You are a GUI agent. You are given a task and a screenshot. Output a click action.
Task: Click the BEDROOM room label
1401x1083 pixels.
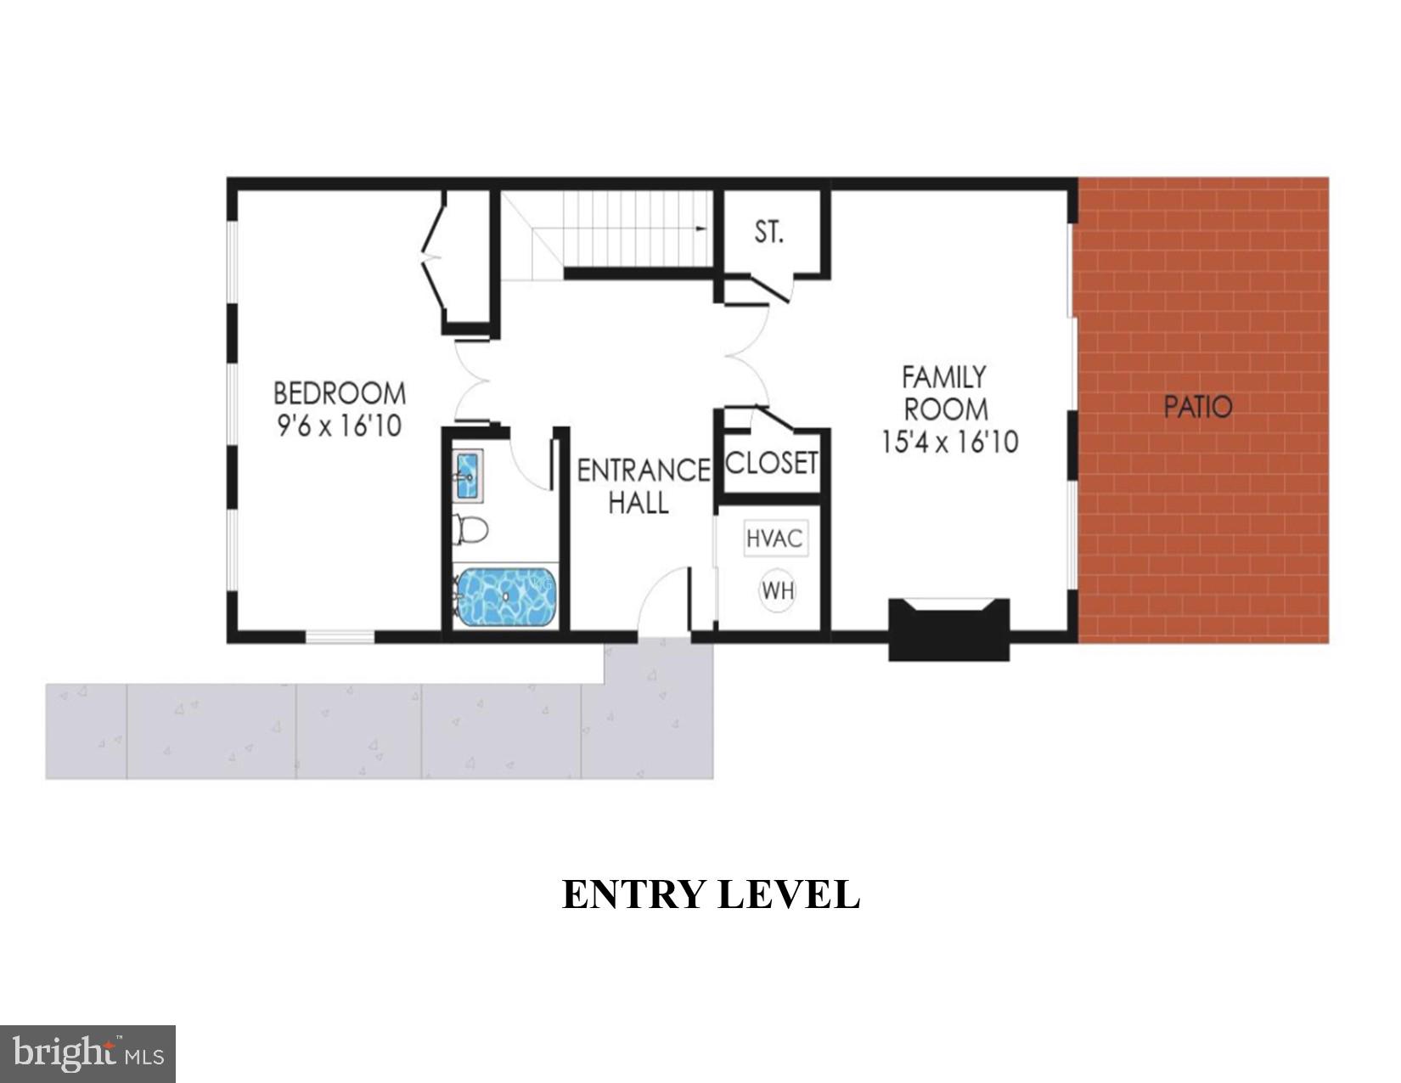point(339,393)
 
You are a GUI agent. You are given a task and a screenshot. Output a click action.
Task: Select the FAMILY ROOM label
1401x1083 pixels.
point(945,392)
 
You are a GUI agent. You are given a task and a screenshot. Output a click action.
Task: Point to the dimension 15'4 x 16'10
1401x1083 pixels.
point(949,443)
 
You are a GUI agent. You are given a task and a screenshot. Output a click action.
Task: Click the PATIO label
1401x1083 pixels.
point(1197,407)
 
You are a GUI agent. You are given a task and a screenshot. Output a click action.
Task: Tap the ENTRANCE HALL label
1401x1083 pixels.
point(643,486)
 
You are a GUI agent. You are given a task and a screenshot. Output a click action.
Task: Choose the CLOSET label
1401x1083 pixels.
point(771,463)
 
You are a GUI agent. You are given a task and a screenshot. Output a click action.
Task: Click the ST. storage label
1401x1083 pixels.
point(769,231)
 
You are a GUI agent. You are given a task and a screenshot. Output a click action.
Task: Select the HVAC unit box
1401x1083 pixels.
point(774,539)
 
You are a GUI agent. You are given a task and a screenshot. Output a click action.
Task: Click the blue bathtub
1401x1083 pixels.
point(506,596)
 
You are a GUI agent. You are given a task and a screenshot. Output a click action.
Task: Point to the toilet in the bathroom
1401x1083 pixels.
point(470,529)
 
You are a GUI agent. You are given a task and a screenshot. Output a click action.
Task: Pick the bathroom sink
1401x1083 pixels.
point(467,476)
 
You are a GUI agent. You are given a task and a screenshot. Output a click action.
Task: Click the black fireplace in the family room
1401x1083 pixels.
point(948,629)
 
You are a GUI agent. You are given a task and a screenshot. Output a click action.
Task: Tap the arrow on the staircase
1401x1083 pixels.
point(700,228)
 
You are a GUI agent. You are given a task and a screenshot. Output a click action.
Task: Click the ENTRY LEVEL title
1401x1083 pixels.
point(711,894)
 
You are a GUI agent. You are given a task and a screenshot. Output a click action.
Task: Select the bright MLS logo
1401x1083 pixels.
point(87,1054)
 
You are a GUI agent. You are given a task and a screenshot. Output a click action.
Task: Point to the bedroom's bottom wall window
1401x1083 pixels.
point(340,635)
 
